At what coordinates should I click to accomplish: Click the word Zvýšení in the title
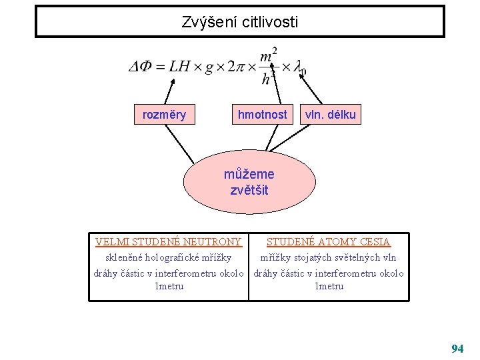(x=207, y=23)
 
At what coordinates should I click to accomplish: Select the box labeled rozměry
(x=165, y=115)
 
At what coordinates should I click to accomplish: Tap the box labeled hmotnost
(x=263, y=115)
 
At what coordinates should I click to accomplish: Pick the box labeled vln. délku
(x=330, y=115)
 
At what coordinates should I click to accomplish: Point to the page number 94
(x=457, y=349)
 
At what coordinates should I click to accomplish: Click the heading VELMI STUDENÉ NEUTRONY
(x=169, y=242)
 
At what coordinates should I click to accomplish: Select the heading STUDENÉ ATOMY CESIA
(x=329, y=242)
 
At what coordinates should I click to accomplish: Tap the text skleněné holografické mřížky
(x=169, y=257)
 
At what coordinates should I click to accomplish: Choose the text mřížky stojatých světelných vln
(x=328, y=257)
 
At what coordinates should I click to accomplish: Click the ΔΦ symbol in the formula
(x=141, y=66)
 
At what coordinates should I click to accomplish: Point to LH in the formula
(x=179, y=66)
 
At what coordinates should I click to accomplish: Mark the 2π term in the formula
(x=236, y=66)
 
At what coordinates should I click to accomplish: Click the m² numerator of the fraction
(x=269, y=54)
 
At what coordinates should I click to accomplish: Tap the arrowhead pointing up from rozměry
(x=173, y=80)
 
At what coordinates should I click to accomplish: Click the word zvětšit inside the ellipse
(x=249, y=190)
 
